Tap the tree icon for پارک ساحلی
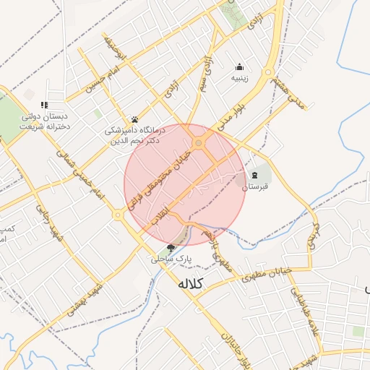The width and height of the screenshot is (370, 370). (x=171, y=248)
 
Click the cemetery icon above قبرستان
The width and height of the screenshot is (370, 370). (x=254, y=176)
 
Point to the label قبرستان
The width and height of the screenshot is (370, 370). (x=254, y=187)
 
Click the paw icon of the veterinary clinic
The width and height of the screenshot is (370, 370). (x=134, y=119)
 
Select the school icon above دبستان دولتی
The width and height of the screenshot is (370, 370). (x=45, y=105)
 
